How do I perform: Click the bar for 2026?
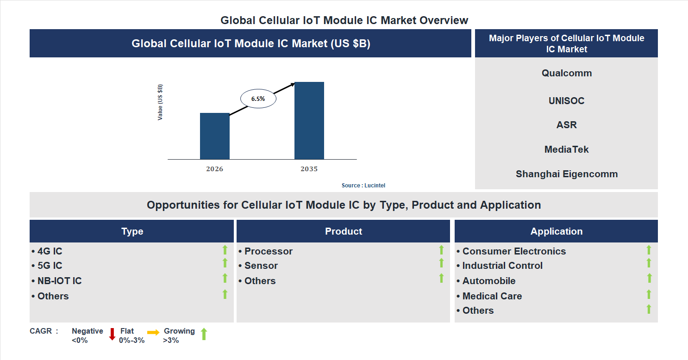pos(214,136)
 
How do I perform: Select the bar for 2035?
pos(309,121)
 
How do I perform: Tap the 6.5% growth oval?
pos(258,99)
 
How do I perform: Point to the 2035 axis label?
pos(309,169)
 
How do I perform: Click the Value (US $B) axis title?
pos(160,102)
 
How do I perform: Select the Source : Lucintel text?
pos(363,185)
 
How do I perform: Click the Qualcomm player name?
pos(567,73)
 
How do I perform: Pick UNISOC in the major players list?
pos(567,101)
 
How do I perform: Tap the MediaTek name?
pos(567,149)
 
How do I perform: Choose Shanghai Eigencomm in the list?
pos(567,174)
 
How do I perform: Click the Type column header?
pos(132,231)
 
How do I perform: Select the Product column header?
pos(344,231)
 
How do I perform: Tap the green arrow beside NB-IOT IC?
pos(225,278)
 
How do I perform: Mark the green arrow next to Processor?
pos(441,250)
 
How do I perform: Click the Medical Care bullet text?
pos(492,296)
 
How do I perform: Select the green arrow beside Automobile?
pos(649,278)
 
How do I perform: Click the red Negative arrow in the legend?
pos(112,334)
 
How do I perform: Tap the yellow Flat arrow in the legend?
pos(153,332)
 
